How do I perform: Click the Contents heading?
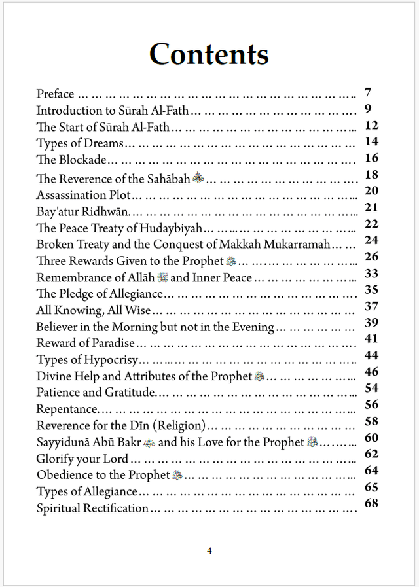pyautogui.click(x=209, y=54)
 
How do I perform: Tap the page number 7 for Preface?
pyautogui.click(x=369, y=92)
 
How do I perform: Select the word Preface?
pyautogui.click(x=55, y=94)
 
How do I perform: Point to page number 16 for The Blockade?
pyautogui.click(x=371, y=158)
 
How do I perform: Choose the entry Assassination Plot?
pyautogui.click(x=83, y=195)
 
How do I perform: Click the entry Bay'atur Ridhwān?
pyautogui.click(x=83, y=211)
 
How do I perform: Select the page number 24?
pyautogui.click(x=371, y=240)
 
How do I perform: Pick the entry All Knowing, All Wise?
pyautogui.click(x=94, y=310)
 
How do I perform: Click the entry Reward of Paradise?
pyautogui.click(x=85, y=343)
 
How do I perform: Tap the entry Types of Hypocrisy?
pyautogui.click(x=88, y=360)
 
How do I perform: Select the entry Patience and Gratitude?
pyautogui.click(x=96, y=393)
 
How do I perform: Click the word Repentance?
pyautogui.click(x=66, y=410)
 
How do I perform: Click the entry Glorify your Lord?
pyautogui.click(x=82, y=459)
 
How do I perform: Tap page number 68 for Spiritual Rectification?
pyautogui.click(x=371, y=503)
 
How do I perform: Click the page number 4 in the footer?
pyautogui.click(x=209, y=550)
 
